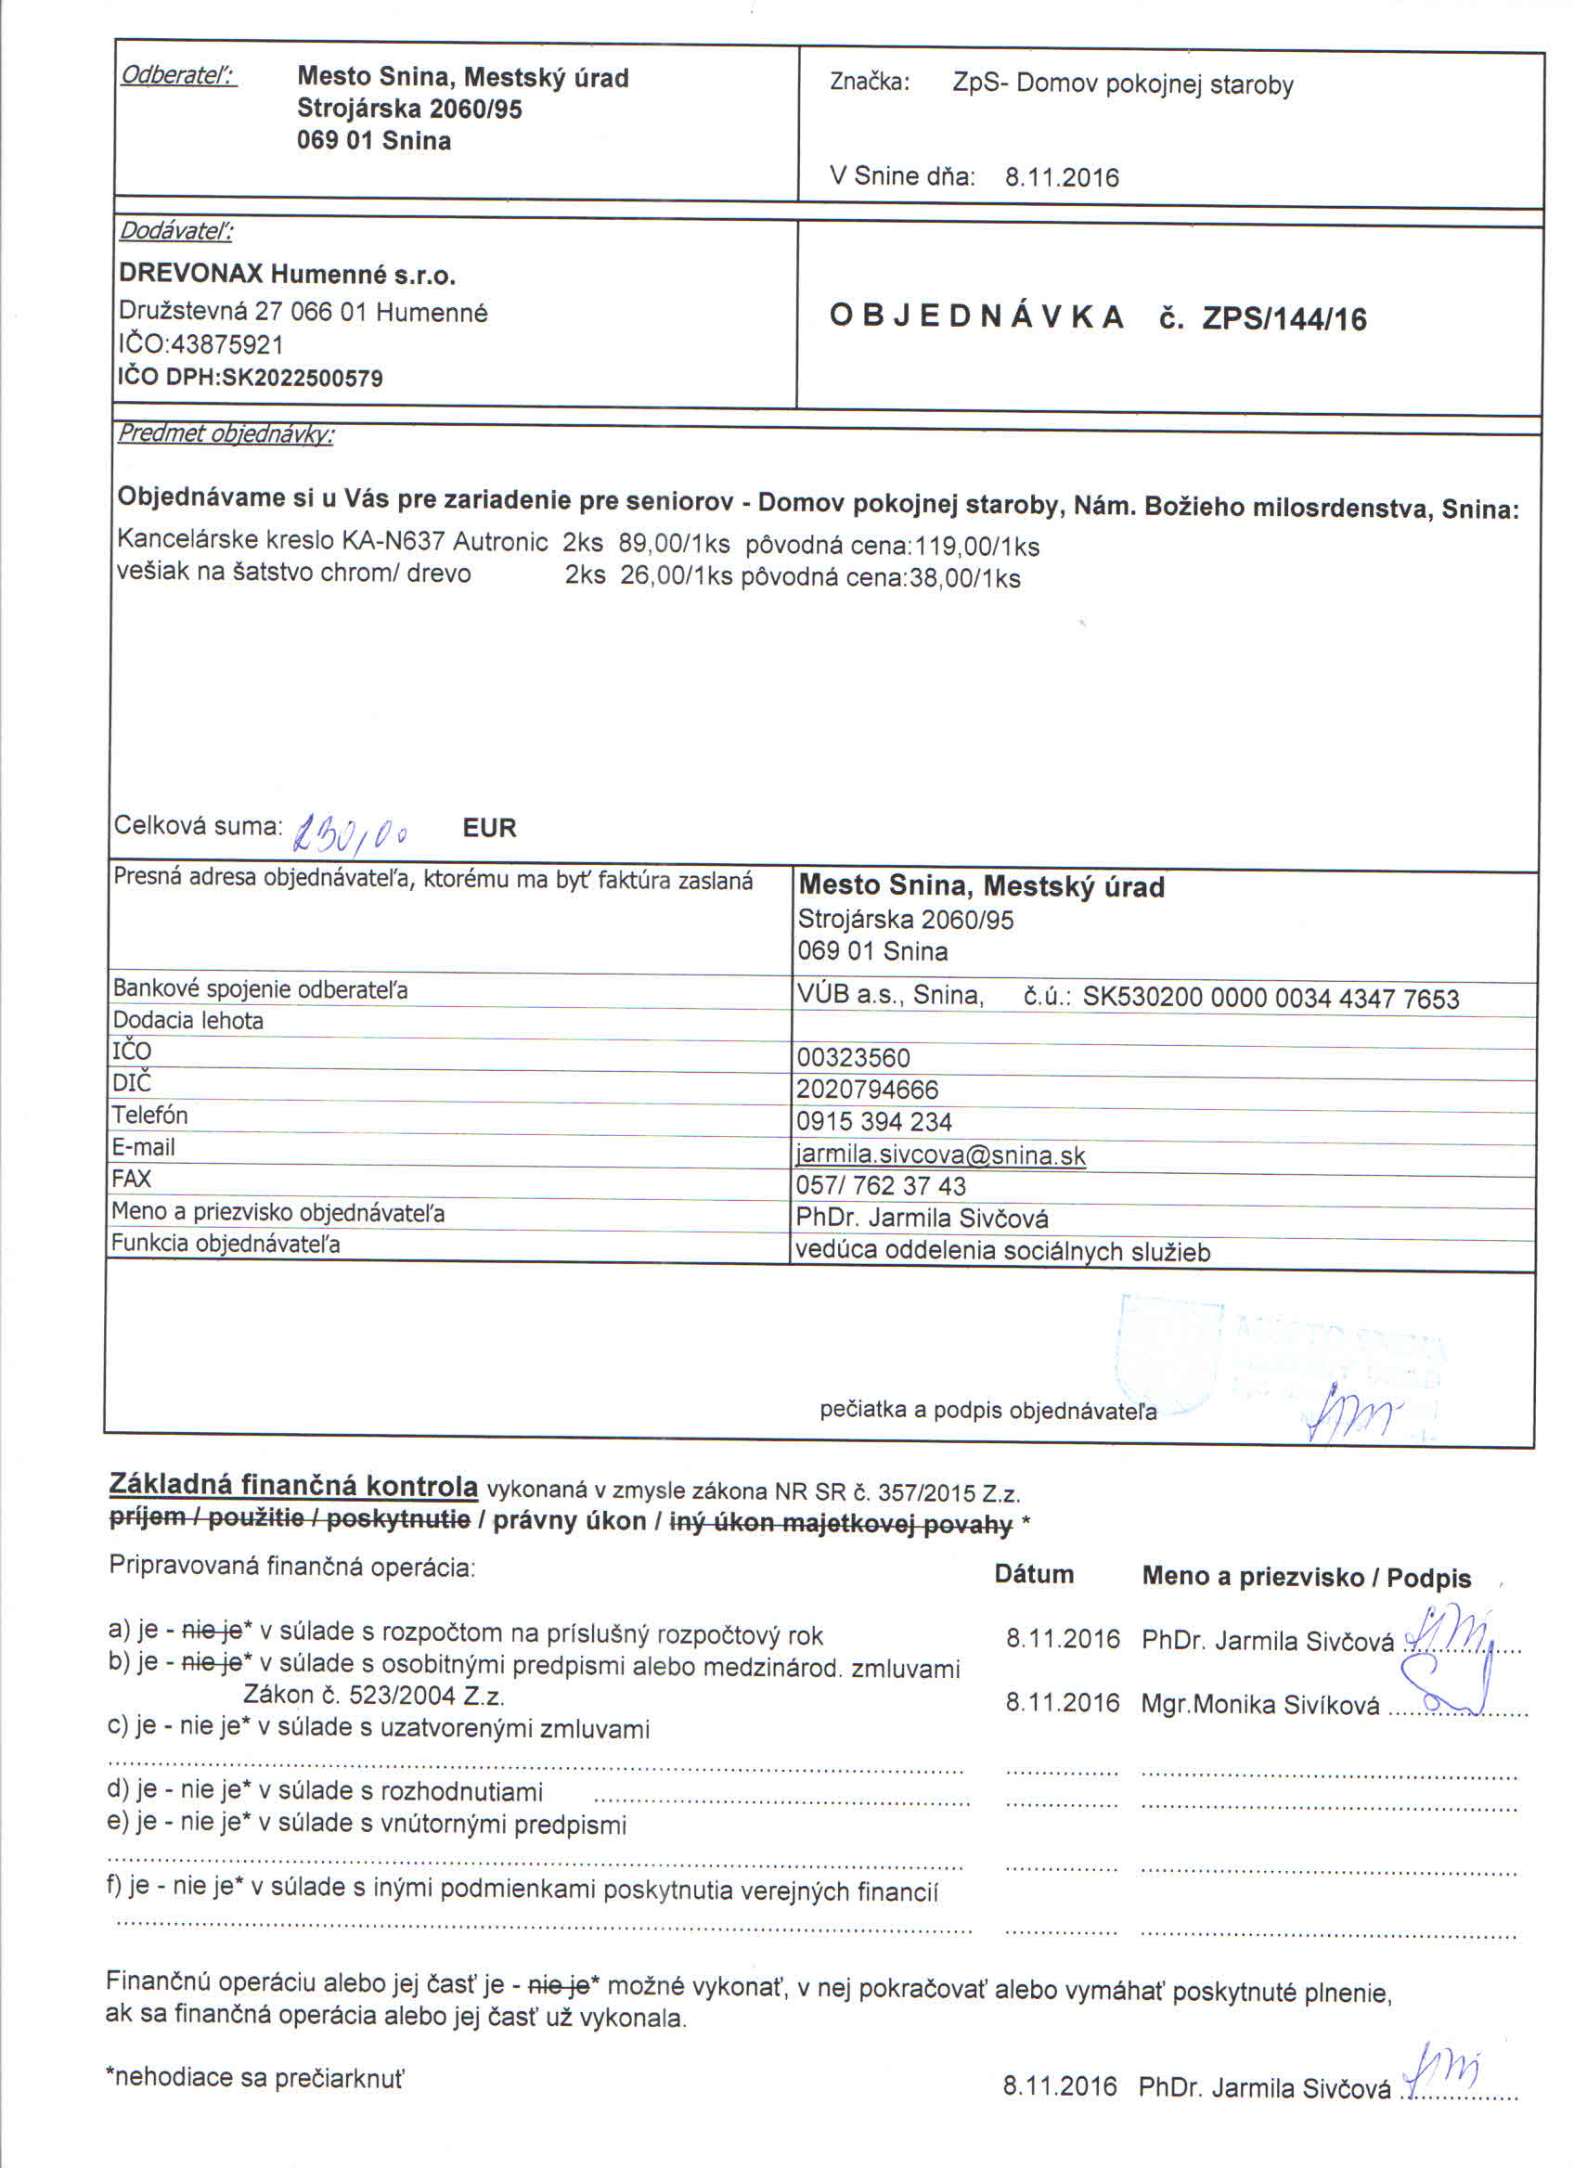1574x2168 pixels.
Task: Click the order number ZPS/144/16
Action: [1284, 319]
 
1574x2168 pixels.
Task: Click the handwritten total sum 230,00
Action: [353, 834]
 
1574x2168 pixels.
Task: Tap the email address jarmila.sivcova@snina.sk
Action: [940, 1155]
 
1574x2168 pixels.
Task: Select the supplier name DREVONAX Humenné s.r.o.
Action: [287, 276]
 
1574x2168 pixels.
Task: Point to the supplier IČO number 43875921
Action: [226, 344]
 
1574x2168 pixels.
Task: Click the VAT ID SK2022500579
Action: [302, 378]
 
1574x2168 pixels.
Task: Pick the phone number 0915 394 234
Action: [873, 1122]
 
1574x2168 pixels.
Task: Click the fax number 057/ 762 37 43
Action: [880, 1186]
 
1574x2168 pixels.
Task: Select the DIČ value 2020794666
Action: [868, 1090]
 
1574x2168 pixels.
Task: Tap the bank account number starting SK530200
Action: [1271, 999]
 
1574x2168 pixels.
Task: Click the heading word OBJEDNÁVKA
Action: [975, 316]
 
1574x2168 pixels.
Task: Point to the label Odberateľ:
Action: [178, 75]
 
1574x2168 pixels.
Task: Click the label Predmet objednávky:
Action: [226, 434]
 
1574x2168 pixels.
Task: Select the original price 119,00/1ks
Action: [976, 547]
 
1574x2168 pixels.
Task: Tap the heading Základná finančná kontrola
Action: [293, 1486]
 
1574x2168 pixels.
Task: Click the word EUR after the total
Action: [489, 828]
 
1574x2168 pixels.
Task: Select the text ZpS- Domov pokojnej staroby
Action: [1122, 84]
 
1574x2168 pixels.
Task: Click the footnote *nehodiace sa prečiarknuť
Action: [255, 2077]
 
